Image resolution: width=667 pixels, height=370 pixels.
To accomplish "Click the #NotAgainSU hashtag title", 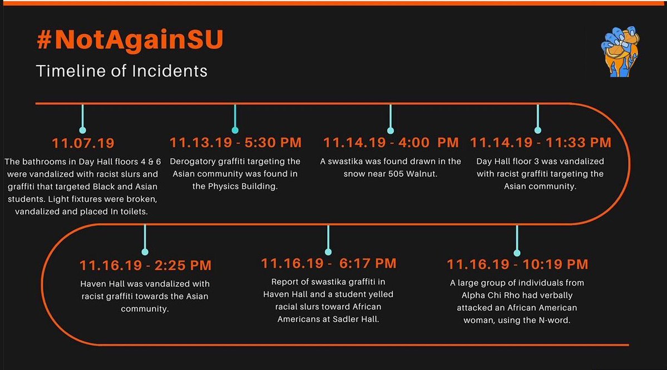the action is click(x=130, y=40).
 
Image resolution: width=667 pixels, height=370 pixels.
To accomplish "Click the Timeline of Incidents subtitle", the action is click(x=122, y=71).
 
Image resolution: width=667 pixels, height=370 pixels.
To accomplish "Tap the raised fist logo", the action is click(x=620, y=52).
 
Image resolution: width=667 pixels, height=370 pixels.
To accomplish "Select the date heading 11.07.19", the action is click(x=83, y=143).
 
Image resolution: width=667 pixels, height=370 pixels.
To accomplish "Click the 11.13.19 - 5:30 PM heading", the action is click(x=236, y=143).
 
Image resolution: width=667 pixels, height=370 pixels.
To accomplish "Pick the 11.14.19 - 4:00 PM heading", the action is click(x=391, y=143).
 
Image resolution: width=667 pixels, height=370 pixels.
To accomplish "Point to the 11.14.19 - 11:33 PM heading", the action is click(x=541, y=143).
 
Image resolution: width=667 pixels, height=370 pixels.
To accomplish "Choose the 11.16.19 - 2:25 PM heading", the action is click(x=146, y=266).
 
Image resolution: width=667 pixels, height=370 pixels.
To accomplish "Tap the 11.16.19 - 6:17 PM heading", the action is click(x=328, y=263).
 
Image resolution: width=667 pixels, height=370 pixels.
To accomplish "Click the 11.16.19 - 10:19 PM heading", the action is click(x=517, y=264).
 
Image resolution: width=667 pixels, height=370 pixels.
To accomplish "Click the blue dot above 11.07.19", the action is click(x=82, y=130).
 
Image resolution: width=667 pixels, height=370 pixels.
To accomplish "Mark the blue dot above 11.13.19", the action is click(x=235, y=130).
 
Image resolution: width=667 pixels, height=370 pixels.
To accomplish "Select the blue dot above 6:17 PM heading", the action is click(x=328, y=252).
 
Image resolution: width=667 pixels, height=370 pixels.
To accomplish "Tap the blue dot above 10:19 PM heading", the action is click(x=517, y=253).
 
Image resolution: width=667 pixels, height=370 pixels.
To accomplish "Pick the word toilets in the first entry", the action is click(x=134, y=212).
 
